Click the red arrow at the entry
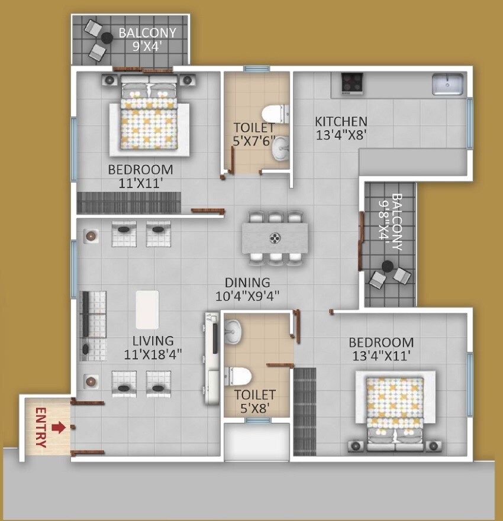click(x=58, y=426)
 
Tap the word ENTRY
click(x=41, y=426)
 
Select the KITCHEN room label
click(x=340, y=121)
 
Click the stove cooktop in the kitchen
click(x=352, y=83)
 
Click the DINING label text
click(x=247, y=283)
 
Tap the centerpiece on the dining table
click(x=275, y=238)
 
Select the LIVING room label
click(x=153, y=341)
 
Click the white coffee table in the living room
click(x=147, y=309)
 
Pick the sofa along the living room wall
click(x=93, y=325)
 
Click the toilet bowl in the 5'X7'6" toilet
click(x=275, y=112)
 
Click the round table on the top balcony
click(x=107, y=38)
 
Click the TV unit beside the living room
click(x=212, y=357)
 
